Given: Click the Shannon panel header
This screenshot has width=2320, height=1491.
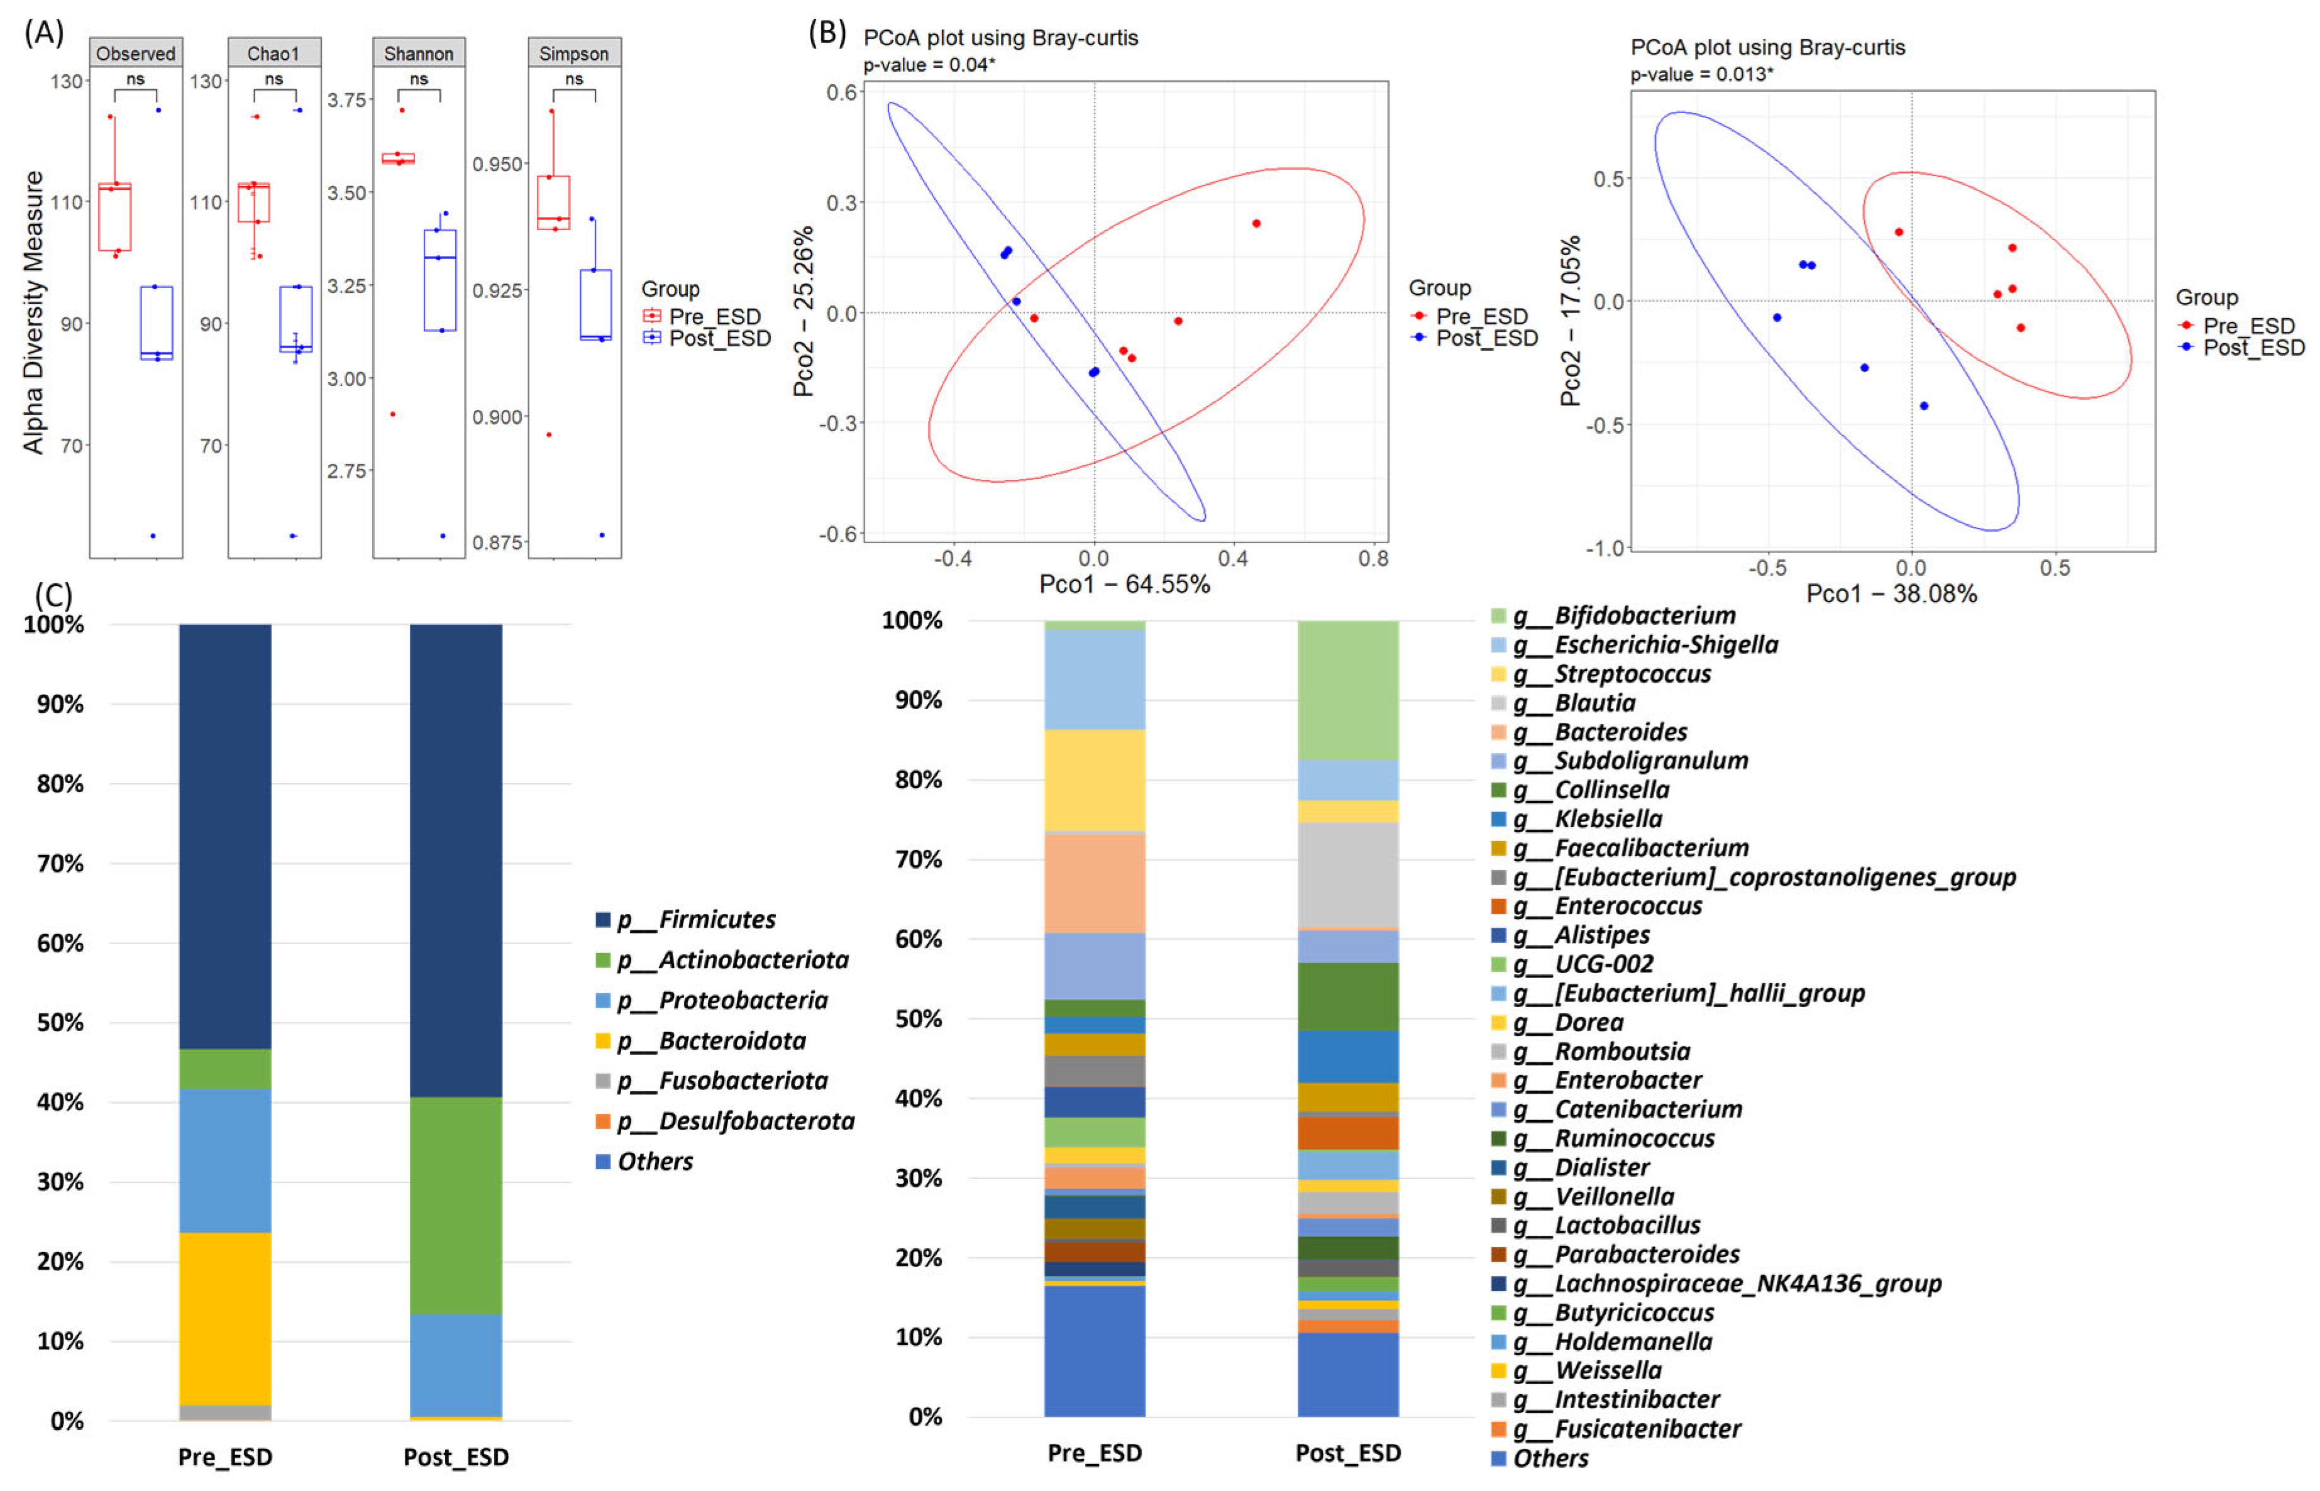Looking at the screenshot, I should coord(418,53).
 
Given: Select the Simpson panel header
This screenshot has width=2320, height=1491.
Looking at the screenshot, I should coord(573,53).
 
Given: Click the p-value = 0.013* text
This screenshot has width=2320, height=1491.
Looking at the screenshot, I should coord(1701,75).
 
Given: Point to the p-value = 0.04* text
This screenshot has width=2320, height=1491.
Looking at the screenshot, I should coord(929,65).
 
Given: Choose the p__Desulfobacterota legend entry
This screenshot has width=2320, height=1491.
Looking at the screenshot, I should coord(735,1121).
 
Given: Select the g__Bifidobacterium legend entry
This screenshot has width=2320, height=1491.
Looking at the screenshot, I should coord(1643,616).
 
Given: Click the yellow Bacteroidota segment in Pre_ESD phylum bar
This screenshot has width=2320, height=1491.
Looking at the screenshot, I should coord(224,1318).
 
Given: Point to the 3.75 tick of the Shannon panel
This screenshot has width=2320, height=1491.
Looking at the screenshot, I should coord(346,100).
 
